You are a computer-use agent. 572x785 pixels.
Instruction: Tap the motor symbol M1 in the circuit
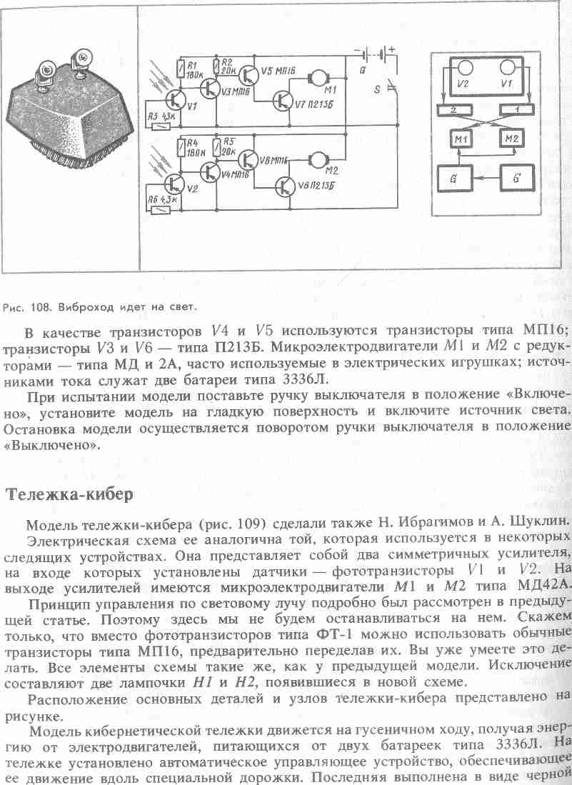pyautogui.click(x=319, y=76)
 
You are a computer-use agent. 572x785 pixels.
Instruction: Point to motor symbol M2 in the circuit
pyautogui.click(x=319, y=159)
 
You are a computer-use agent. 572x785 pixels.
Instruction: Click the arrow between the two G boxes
pyautogui.click(x=486, y=176)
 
